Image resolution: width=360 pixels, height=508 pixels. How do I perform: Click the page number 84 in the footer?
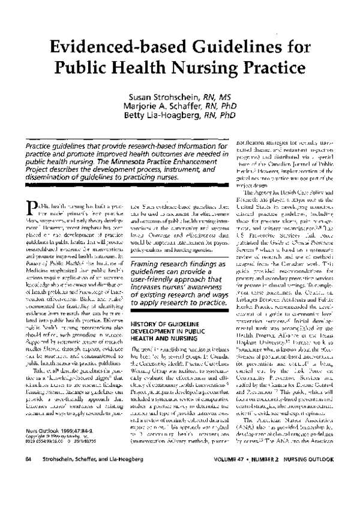pyautogui.click(x=28, y=492)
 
